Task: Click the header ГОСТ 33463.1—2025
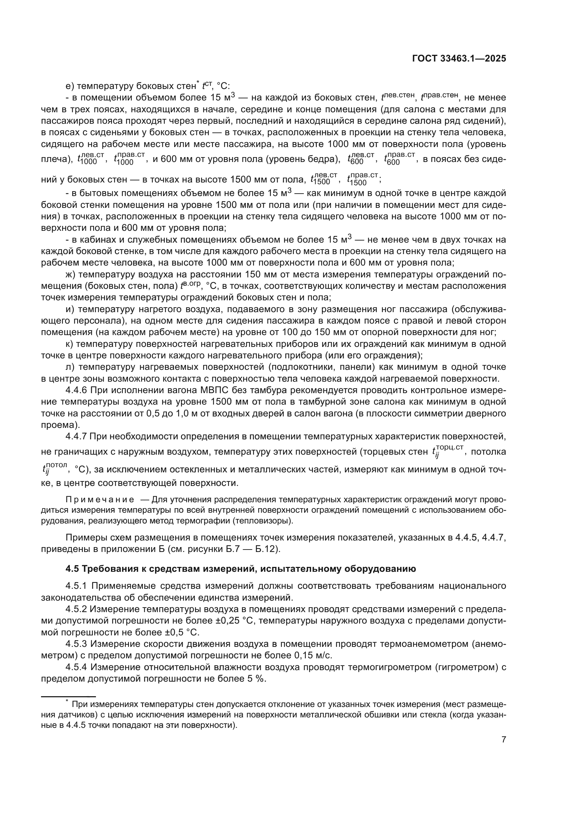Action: (459, 59)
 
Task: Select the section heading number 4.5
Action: (73, 569)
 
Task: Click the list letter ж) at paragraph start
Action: (71, 275)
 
